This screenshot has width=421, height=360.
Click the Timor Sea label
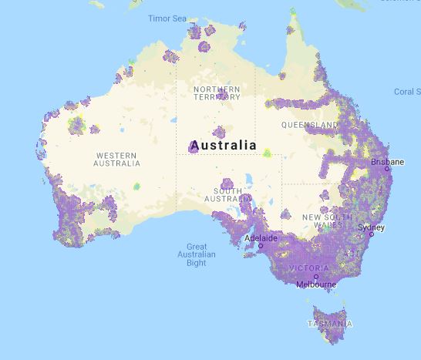[167, 18]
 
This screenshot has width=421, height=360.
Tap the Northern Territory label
[217, 93]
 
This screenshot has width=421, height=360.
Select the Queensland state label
[308, 124]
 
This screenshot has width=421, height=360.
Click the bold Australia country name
[223, 145]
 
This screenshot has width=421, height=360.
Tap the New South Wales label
[322, 221]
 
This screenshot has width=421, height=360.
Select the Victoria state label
[308, 268]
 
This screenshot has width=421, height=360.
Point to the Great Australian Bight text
[196, 254]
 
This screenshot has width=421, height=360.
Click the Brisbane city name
[387, 162]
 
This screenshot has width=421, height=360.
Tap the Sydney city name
[371, 227]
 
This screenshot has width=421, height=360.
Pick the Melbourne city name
[316, 284]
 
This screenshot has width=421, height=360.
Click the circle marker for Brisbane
[387, 169]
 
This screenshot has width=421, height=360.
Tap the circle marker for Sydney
[371, 234]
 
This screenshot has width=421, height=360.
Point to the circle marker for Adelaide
[260, 246]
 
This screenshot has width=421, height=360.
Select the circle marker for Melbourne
[316, 277]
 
